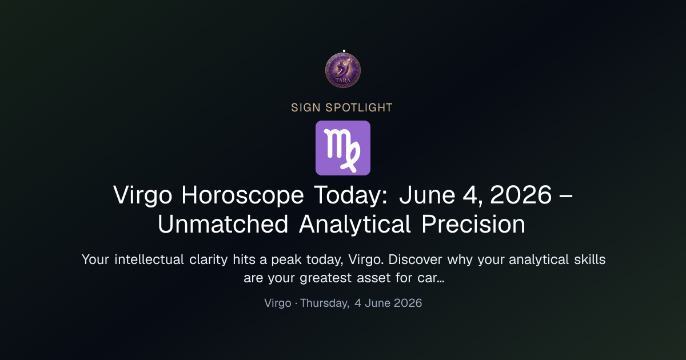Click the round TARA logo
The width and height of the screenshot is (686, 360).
click(x=343, y=70)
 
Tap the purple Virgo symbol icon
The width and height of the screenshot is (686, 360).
click(x=343, y=148)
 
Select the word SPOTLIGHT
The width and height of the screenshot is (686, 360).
click(x=359, y=108)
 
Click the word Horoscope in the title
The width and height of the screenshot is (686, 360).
click(x=242, y=195)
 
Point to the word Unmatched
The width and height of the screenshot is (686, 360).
click(x=223, y=225)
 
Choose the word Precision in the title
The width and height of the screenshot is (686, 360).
click(x=473, y=225)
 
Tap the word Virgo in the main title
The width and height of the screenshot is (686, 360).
click(x=143, y=195)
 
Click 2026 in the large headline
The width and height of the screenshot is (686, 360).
click(x=521, y=195)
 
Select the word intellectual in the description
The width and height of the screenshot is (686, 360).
click(x=149, y=259)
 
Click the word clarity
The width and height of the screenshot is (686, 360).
click(x=209, y=260)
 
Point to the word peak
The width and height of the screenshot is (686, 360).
click(x=286, y=260)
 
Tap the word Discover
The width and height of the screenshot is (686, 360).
click(x=415, y=259)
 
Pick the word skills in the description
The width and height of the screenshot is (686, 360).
click(x=590, y=259)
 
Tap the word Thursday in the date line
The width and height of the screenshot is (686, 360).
click(x=325, y=303)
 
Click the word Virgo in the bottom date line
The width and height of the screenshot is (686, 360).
click(x=278, y=303)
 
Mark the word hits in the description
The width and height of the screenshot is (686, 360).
click(x=244, y=259)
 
